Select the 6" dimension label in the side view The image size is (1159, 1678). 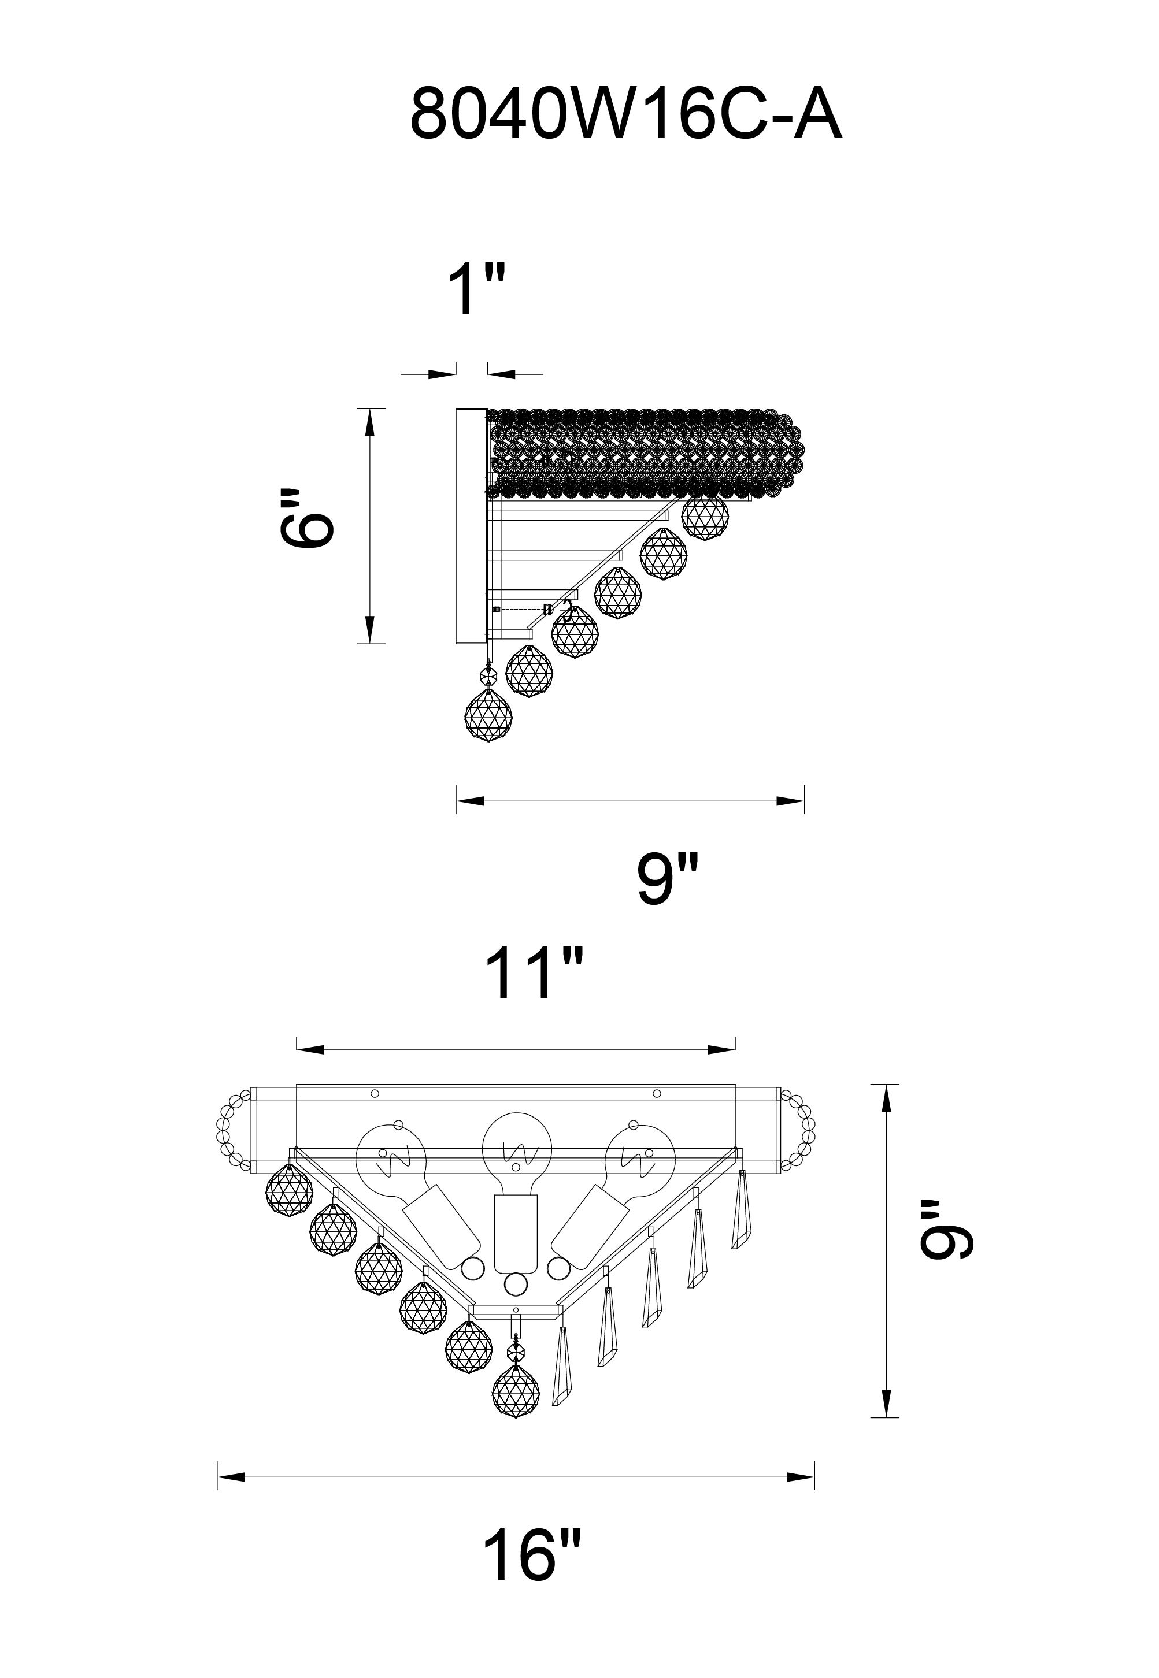(306, 516)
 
